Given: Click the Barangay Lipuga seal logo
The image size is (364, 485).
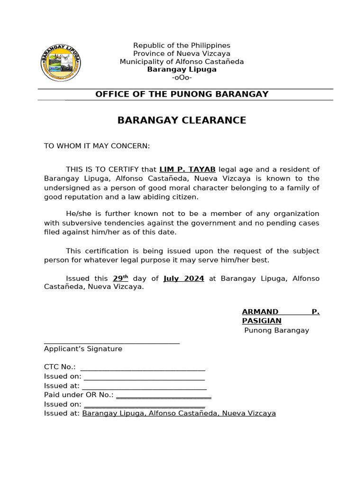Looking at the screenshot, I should point(61,62).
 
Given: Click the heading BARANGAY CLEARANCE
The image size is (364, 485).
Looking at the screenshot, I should point(182,120).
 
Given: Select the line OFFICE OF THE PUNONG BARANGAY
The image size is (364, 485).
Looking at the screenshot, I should point(182,94).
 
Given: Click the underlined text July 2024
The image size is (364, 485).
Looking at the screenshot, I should point(184,278).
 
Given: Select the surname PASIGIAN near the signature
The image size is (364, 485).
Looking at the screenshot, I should point(262,321).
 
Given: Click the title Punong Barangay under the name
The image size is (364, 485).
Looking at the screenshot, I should point(276,330).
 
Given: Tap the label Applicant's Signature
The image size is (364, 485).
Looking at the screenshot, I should point(83,349).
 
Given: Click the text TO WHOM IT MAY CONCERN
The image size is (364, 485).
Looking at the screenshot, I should point(97,146).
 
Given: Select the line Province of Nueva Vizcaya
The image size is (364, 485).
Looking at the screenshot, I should point(182,54).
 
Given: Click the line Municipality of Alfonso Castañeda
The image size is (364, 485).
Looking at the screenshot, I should point(182,62).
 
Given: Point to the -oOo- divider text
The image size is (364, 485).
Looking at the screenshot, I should point(182,78).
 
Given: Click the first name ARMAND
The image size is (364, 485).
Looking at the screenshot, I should point(260,311).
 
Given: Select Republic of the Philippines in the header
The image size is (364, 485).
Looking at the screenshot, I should point(182,45).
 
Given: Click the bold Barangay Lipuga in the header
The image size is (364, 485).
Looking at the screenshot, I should point(182,70).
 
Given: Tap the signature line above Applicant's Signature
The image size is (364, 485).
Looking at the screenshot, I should point(111,342).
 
